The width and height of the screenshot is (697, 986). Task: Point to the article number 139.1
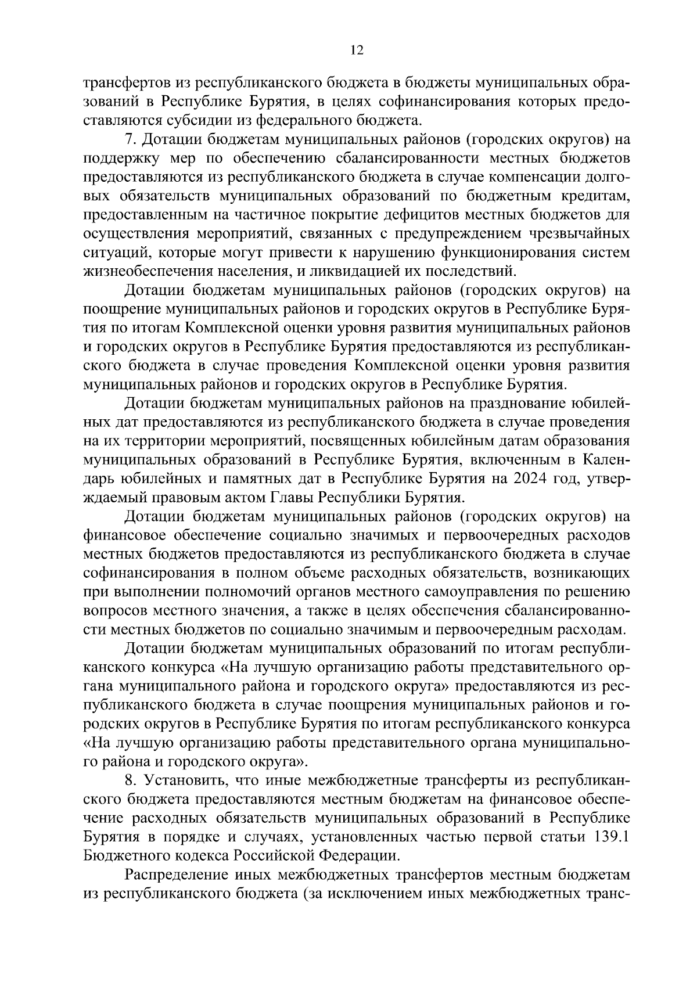tap(609, 837)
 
